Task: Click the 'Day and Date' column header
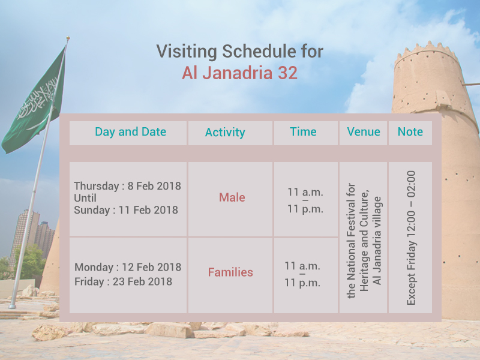[130, 132]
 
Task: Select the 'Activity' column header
[225, 133]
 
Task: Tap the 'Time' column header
[303, 132]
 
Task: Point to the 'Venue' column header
[364, 132]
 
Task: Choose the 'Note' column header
[410, 132]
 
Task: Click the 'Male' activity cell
[232, 197]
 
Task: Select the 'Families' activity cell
[230, 272]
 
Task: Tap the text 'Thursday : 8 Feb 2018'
[127, 186]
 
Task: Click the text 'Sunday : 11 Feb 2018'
[126, 210]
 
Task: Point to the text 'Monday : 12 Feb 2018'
[128, 267]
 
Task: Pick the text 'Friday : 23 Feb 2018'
[123, 281]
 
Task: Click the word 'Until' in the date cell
[85, 198]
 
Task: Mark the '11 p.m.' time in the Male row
[305, 209]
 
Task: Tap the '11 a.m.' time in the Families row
[302, 266]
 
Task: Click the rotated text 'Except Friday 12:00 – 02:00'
[411, 238]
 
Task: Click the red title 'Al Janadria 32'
[239, 72]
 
